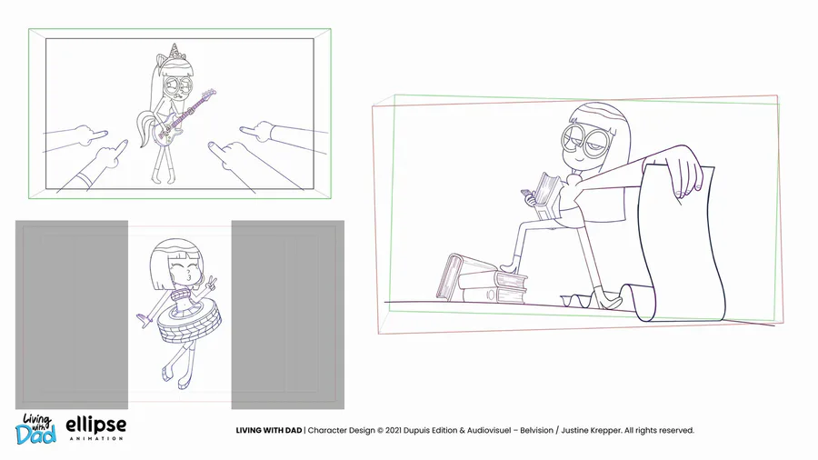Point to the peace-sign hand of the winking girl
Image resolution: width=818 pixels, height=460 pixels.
pyautogui.click(x=213, y=284)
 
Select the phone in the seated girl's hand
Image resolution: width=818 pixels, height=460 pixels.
pyautogui.click(x=527, y=195)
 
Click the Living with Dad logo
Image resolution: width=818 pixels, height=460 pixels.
pyautogui.click(x=35, y=429)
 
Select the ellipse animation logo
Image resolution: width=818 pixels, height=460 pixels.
pyautogui.click(x=96, y=428)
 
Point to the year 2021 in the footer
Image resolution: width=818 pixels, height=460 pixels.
pyautogui.click(x=394, y=430)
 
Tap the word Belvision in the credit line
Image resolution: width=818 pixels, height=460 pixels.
pyautogui.click(x=536, y=430)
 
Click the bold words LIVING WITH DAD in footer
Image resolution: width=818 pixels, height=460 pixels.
pyautogui.click(x=269, y=430)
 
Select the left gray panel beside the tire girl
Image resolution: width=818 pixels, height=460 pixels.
pyautogui.click(x=72, y=315)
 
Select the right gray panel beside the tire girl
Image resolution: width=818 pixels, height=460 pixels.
pyautogui.click(x=288, y=315)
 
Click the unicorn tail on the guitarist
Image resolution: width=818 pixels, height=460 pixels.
pyautogui.click(x=145, y=128)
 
